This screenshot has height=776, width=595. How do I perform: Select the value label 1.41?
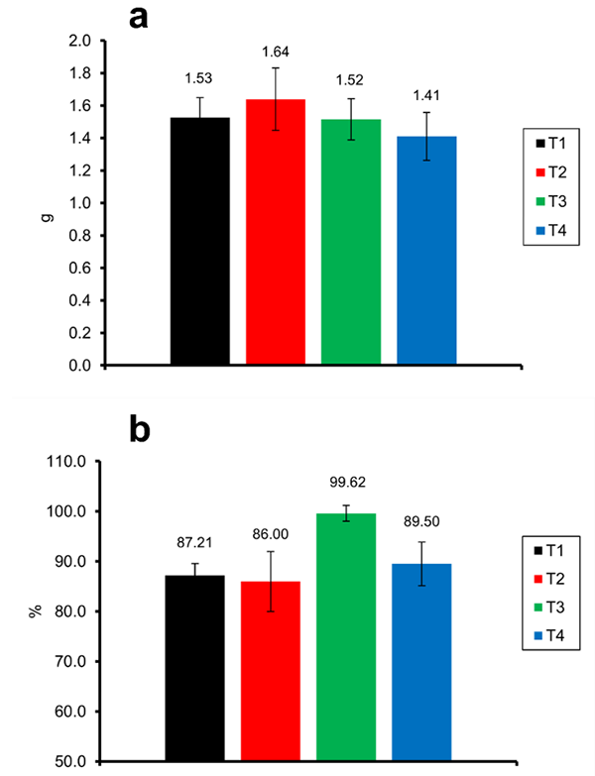click(426, 95)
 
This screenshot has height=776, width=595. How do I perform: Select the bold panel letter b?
click(143, 430)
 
